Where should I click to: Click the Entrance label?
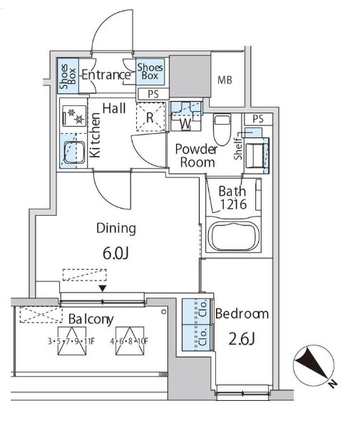point(106,75)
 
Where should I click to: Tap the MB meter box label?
point(225,80)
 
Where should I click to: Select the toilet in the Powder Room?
point(222,130)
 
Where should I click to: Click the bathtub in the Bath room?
point(234,236)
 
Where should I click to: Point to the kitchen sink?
point(74,152)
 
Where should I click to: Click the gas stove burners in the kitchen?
point(74,116)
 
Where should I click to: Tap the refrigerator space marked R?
point(150,117)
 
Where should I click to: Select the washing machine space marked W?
point(186,117)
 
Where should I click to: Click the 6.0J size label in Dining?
point(115,254)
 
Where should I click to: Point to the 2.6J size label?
point(242,339)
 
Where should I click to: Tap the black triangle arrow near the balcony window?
point(103,288)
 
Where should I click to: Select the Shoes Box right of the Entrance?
point(150,72)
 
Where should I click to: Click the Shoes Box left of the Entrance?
point(68,75)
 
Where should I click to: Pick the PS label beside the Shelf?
point(258,119)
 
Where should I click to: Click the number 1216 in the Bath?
point(233,204)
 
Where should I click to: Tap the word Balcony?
point(91,320)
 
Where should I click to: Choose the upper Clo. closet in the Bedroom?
point(196,312)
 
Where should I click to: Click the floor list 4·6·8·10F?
point(129,342)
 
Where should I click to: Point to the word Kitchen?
point(95,135)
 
